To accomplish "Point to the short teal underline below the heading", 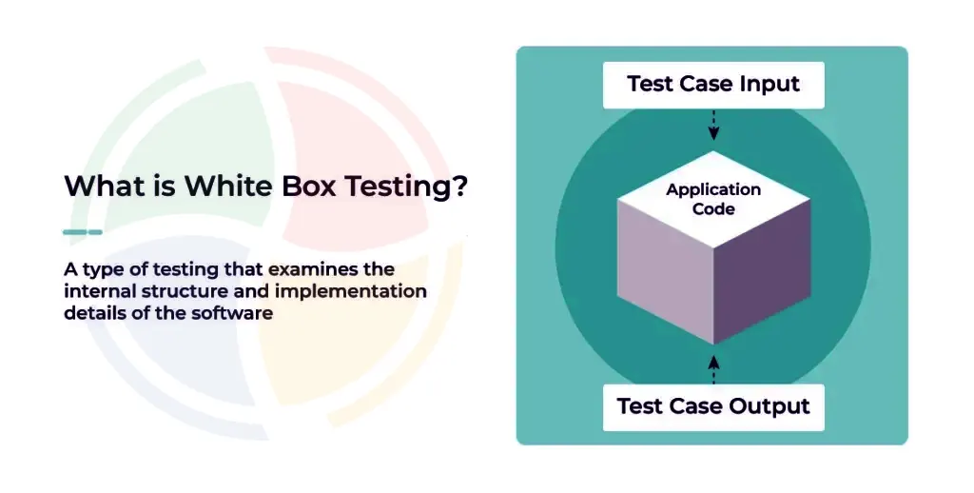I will click(82, 231).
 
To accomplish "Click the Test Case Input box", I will click(713, 85).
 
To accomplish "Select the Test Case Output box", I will click(713, 406).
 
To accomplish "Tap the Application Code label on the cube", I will click(713, 198).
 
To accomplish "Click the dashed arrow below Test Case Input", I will click(714, 124).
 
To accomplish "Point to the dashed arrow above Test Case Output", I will click(714, 366).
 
